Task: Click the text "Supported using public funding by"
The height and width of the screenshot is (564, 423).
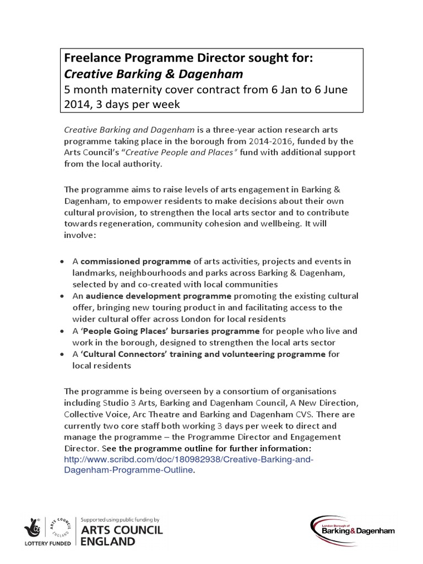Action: tap(120, 519)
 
